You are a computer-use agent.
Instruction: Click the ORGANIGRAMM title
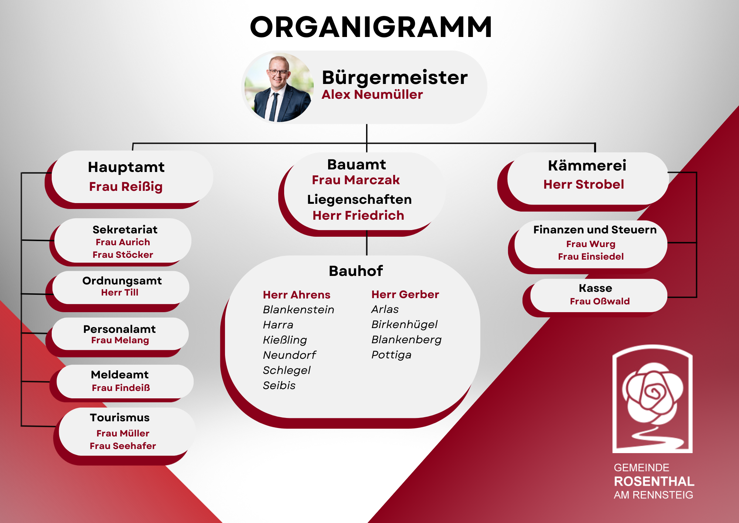pos(371,27)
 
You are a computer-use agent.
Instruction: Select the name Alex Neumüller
pos(372,95)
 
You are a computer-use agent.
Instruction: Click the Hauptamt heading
pos(126,167)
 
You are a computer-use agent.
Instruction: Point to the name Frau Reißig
pos(126,187)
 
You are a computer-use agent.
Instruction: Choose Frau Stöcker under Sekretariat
pos(123,255)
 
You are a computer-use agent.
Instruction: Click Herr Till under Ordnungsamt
pos(120,293)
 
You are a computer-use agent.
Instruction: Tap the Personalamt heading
pos(119,329)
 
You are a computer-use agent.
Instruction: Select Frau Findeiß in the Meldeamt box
pos(121,388)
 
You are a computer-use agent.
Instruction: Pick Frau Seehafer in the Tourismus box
pos(123,446)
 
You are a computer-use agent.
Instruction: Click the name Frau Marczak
pos(356,180)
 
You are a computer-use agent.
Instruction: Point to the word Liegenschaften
pos(359,200)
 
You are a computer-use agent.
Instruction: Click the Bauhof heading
pos(356,271)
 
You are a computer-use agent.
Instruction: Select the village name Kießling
pos(285,340)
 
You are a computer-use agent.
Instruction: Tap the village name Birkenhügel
pos(404,325)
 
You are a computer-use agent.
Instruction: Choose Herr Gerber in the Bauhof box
pos(405,294)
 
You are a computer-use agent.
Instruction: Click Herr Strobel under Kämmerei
pos(583,184)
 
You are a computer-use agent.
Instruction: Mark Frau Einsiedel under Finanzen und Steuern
pos(591,257)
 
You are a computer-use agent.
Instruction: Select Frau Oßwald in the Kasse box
pos(600,301)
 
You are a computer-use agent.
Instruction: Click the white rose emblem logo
pos(653,399)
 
